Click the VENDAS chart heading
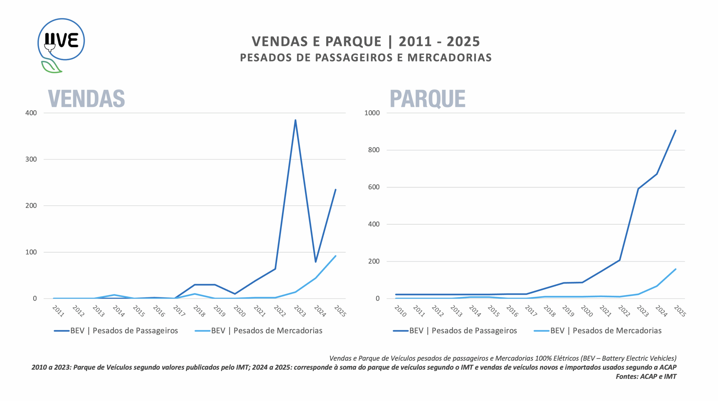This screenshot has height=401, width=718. pos(86,99)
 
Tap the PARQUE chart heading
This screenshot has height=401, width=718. pos(427,99)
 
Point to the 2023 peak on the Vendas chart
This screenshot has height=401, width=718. pos(295,120)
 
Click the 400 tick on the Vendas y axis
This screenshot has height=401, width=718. pos(31,113)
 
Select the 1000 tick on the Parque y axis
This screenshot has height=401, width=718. pos(372,113)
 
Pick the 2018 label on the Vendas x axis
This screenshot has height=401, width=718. pos(199,311)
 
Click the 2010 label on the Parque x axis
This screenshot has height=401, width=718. pos(400,311)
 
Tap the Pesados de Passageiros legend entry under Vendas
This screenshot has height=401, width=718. pos(124,331)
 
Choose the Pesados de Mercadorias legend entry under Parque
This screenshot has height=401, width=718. pos(606,331)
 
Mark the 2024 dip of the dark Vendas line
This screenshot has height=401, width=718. pos(316,262)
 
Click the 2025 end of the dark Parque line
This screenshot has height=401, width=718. pos(675,131)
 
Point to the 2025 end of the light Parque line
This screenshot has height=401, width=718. pos(675,269)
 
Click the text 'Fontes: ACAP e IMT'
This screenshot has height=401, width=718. pos(646,376)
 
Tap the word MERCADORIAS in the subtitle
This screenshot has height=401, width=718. pos(449,57)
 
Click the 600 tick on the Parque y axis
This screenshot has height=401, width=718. pos(374,187)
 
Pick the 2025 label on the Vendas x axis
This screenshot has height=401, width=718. pos(340,311)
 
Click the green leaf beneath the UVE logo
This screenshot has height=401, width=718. pos(51,66)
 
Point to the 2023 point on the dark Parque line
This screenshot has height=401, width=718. pos(638,189)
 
